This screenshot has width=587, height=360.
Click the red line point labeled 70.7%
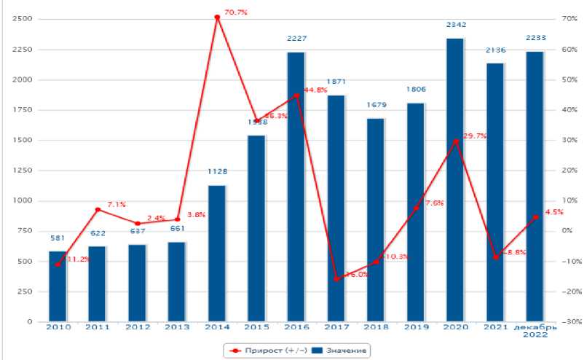click(217, 17)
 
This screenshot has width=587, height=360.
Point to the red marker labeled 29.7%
click(455, 141)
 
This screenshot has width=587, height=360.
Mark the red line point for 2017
click(336, 279)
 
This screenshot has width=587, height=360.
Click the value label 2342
click(456, 25)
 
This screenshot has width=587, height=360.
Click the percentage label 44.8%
click(315, 90)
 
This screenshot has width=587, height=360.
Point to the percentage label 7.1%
click(117, 204)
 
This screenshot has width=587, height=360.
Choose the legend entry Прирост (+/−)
click(264, 351)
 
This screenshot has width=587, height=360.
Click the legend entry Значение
click(339, 351)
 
